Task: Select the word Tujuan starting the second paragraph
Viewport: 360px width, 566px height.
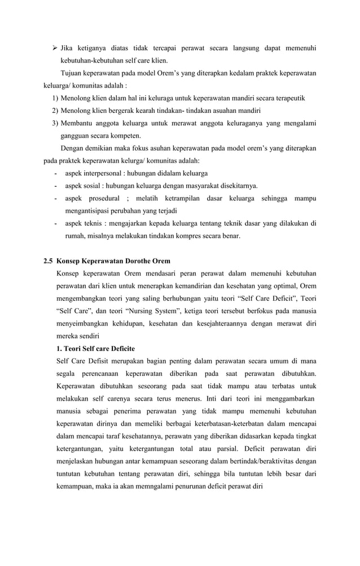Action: click(72, 73)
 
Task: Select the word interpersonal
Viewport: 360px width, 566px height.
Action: click(105, 173)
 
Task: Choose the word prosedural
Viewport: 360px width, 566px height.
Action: click(103, 198)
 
